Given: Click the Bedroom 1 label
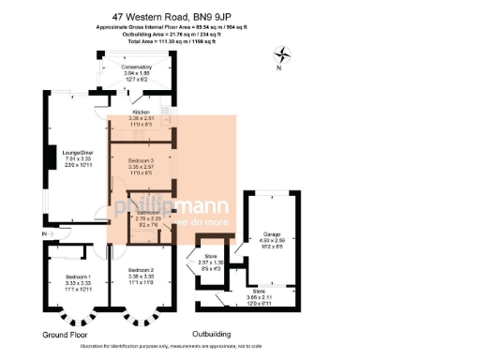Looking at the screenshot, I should [78, 277].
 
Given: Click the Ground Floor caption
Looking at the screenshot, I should [67, 334].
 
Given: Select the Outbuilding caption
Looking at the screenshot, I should [217, 334].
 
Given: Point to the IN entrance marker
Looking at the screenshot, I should [44, 232].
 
